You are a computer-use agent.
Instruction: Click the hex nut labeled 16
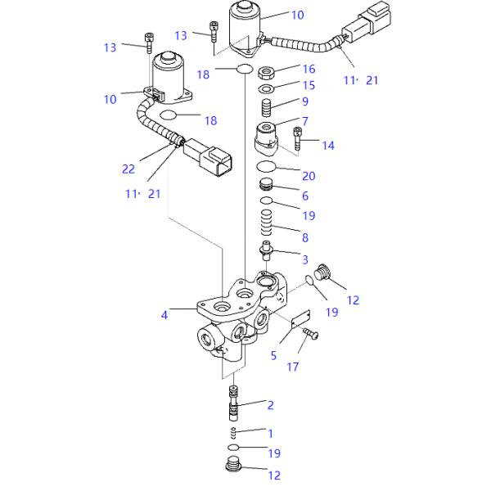coord(266,74)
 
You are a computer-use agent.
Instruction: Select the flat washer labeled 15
coord(266,89)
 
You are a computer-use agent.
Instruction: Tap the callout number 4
coord(164,315)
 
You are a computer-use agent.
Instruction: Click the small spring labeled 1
coord(233,433)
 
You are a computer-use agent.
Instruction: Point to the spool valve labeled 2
coord(233,403)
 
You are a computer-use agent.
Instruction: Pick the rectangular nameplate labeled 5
coord(300,319)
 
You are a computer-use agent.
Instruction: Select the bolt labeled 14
coord(298,139)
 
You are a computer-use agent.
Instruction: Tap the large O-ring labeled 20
coord(266,166)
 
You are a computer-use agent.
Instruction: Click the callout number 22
coord(128,169)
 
